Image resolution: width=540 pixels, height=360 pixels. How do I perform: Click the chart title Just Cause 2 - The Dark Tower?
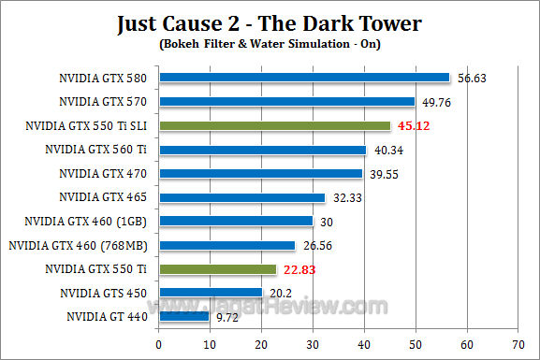click(270, 22)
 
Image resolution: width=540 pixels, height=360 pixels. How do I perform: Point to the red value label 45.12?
click(414, 125)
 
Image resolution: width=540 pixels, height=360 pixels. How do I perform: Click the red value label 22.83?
click(299, 269)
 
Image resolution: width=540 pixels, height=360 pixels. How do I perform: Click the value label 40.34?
click(388, 150)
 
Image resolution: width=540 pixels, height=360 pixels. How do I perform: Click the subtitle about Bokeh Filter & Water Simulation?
click(270, 43)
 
